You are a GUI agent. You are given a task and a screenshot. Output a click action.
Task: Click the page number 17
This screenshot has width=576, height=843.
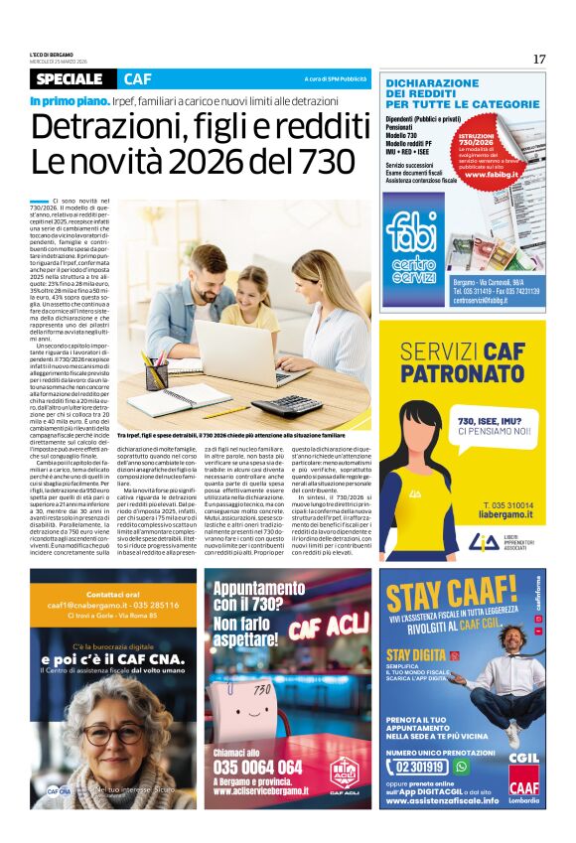click(x=539, y=59)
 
